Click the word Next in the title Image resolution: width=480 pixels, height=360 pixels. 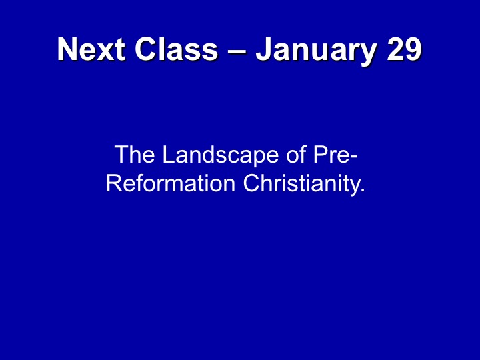pyautogui.click(x=91, y=49)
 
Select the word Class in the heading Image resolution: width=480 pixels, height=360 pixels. pyautogui.click(x=176, y=49)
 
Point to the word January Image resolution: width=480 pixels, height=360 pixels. pyautogui.click(x=316, y=51)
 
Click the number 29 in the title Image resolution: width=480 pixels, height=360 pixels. pyautogui.click(x=405, y=49)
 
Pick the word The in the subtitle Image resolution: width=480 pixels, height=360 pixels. pyautogui.click(x=135, y=154)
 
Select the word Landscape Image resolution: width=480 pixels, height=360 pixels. pyautogui.click(x=221, y=157)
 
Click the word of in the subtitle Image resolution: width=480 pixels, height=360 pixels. pyautogui.click(x=297, y=154)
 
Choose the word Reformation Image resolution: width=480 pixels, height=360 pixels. pyautogui.click(x=171, y=183)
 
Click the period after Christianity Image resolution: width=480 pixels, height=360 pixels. pyautogui.click(x=363, y=191)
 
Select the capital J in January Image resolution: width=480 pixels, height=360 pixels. pyautogui.click(x=264, y=49)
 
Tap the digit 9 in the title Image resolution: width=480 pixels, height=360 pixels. pyautogui.click(x=413, y=49)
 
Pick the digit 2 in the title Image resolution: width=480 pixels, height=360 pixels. pyautogui.click(x=395, y=49)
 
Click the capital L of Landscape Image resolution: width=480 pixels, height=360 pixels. pyautogui.click(x=168, y=154)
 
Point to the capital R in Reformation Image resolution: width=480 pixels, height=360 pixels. pyautogui.click(x=113, y=183)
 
